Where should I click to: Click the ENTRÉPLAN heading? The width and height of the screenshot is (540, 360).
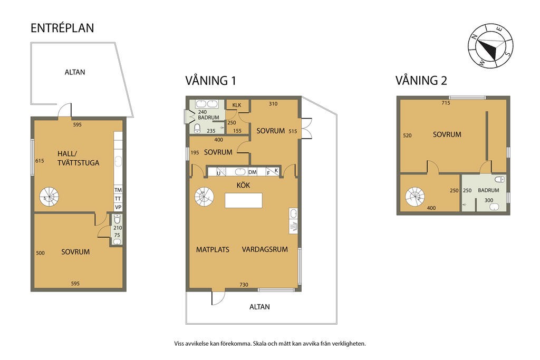coord(62,28)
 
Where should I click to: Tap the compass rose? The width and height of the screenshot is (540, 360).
coord(490,46)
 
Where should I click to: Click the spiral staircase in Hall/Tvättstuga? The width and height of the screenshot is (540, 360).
coord(49,197)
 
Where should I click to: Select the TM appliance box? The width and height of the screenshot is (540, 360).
coord(118,190)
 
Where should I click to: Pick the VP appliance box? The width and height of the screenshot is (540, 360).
coord(118,207)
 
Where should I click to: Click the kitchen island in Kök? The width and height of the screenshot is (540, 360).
coord(244,200)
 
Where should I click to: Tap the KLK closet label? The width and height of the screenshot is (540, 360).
coord(237,105)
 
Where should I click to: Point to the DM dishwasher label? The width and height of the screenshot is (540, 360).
coord(253,172)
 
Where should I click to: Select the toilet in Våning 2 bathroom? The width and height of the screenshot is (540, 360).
coord(500,179)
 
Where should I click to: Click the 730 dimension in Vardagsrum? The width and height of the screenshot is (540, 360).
coord(244,285)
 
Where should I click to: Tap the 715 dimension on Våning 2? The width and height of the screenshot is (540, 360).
coord(446,103)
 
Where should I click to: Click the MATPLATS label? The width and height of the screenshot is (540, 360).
coord(213,249)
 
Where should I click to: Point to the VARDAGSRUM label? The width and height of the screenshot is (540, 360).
coord(265,249)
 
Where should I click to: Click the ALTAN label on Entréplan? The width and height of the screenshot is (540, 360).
coord(75,72)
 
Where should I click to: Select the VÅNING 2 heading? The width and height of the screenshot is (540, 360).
coord(421,81)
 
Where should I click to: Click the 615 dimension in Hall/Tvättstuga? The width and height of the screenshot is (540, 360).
coord(40,161)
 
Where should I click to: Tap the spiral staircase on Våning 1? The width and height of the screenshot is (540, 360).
coord(204,197)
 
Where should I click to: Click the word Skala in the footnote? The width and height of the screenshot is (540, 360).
coord(259,344)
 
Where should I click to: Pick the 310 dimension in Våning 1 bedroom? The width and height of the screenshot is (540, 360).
coord(273,104)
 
